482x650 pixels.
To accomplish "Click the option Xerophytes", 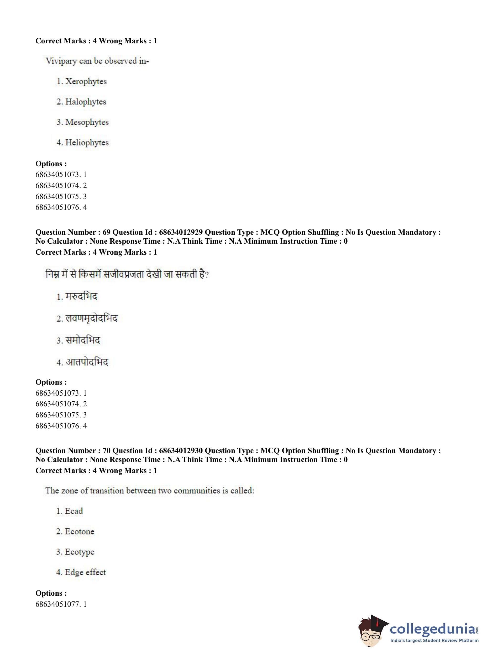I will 86,81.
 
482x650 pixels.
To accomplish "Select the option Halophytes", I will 86,102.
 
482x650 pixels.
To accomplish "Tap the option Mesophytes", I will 87,122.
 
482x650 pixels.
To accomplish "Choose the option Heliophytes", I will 87,143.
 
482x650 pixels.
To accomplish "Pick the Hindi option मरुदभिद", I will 81,296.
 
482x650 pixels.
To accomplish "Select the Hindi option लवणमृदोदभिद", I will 91,318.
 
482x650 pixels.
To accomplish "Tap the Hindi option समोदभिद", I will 83,340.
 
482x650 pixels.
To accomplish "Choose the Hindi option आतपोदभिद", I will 87,362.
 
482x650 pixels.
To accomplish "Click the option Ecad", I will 74,511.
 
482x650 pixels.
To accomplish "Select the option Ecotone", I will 79,532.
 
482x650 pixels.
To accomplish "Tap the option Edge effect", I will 85,572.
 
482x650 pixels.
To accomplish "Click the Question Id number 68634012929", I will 181,232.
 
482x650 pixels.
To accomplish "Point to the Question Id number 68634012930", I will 181,451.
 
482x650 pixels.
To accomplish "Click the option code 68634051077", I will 57,604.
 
